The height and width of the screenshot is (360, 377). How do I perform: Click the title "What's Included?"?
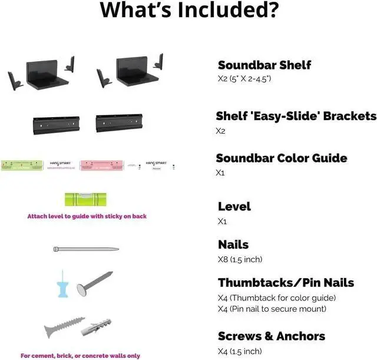point(188,10)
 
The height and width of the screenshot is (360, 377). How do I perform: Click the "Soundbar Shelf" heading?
point(264,65)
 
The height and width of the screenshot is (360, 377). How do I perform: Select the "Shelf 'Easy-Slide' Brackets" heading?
point(295,116)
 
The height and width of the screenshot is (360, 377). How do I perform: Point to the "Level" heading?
point(234,206)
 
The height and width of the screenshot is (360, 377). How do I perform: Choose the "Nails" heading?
point(233,245)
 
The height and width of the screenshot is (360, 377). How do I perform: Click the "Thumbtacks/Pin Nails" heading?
point(286,283)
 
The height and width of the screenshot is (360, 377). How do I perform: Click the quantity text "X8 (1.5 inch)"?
point(240,259)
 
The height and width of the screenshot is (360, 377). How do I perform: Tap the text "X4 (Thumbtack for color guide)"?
point(276,298)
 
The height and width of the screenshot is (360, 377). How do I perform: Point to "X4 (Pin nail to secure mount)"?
point(272,309)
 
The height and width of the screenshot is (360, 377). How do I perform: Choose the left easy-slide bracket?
point(54,124)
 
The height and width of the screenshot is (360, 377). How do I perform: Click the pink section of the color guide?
point(98,165)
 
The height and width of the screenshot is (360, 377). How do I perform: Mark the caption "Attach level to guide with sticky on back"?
point(87,216)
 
